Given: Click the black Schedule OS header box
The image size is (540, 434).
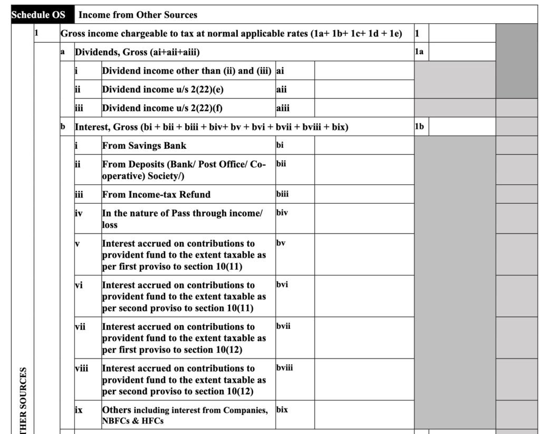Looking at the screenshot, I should pos(38,15).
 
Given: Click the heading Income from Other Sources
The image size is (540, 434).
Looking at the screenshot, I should pos(138,15).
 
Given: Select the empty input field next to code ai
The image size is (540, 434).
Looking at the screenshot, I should pos(364,71).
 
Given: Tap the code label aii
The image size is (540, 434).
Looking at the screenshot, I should pos(282,89).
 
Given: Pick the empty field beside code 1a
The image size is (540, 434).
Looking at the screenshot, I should pos(462,52).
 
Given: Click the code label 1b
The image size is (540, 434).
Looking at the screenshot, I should pos(419,127).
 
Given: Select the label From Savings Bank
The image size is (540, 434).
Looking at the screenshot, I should pos(144,146).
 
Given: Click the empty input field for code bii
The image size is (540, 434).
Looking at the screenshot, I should pos(364,169).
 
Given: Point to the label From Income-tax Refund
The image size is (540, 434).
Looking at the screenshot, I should pos(156,194).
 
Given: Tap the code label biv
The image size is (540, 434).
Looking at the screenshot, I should pos(282,213).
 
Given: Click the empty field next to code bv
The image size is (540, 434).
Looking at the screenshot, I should pos(364,254).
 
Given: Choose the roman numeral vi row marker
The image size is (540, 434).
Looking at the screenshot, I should pos(80,285).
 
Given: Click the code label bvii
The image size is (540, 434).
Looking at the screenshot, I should pos(283,326).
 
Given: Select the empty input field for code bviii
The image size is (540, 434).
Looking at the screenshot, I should pos(364,380).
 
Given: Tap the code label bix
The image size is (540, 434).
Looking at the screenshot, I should pos(282,409).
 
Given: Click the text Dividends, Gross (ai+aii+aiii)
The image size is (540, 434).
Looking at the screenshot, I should pos(137,52).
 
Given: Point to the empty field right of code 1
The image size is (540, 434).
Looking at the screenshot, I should pos(462,33).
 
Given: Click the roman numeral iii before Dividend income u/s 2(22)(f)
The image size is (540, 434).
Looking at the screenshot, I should pos(79,108).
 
